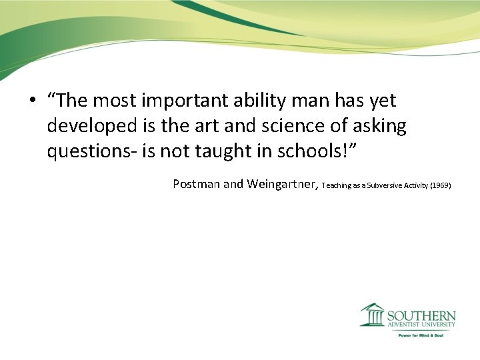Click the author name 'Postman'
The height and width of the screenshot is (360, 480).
click(196, 184)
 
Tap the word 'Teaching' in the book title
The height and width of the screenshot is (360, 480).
click(335, 185)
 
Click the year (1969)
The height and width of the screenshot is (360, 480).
click(441, 185)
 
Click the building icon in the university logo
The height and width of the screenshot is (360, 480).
click(373, 315)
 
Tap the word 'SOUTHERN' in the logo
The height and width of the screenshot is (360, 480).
click(421, 315)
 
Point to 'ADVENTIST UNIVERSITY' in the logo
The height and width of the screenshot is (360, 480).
click(421, 325)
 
